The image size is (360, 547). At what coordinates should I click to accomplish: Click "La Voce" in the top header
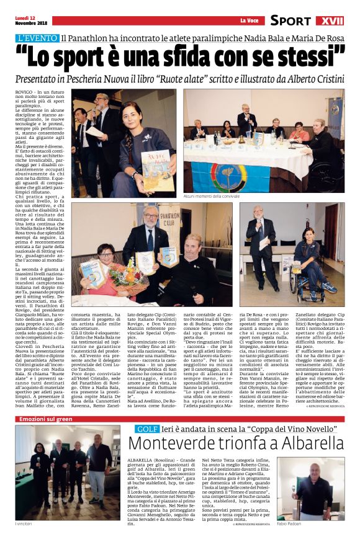click(x=249, y=21)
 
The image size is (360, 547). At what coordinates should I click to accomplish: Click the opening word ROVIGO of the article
click(x=24, y=91)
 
